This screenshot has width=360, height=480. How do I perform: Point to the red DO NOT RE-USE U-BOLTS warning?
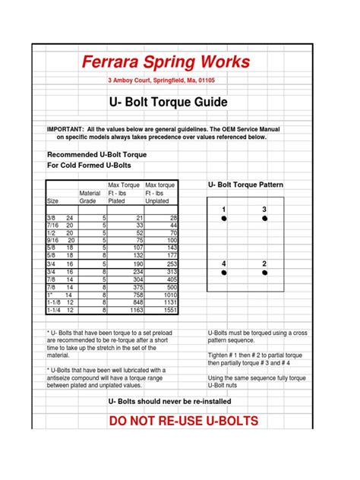183,421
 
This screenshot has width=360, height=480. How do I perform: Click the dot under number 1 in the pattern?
224,218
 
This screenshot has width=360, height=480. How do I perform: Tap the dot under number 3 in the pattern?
264,218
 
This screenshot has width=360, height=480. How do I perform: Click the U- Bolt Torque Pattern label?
245,185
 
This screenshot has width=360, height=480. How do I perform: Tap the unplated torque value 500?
170,288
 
